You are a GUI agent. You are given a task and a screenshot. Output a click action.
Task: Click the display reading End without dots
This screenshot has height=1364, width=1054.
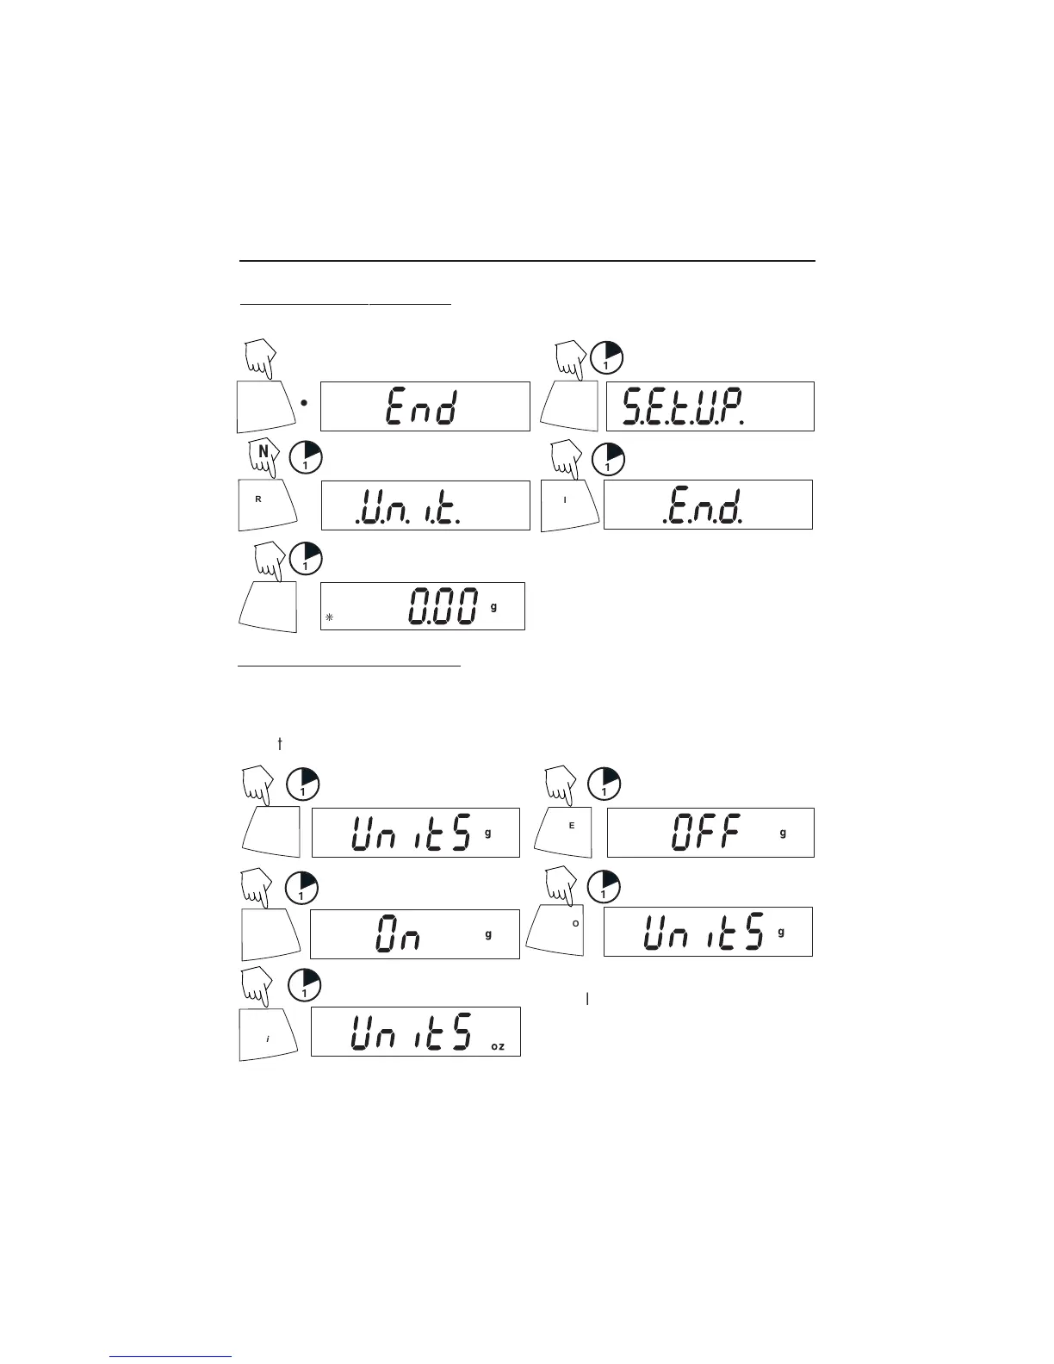pyautogui.click(x=425, y=406)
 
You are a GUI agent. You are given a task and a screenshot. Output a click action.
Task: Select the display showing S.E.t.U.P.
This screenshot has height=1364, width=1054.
pyautogui.click(x=710, y=406)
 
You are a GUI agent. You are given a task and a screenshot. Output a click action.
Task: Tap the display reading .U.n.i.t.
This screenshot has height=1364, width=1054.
pyautogui.click(x=425, y=505)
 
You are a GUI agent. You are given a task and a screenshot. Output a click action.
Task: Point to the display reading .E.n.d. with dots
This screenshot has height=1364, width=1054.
pyautogui.click(x=708, y=505)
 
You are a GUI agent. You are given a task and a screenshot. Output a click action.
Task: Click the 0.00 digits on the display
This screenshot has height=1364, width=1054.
pyautogui.click(x=443, y=606)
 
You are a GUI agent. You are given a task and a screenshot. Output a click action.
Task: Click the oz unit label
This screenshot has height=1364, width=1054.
pyautogui.click(x=498, y=1046)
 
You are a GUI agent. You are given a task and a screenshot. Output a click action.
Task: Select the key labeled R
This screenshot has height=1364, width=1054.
pyautogui.click(x=266, y=503)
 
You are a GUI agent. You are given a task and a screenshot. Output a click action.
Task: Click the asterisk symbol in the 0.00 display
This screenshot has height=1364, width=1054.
pyautogui.click(x=329, y=617)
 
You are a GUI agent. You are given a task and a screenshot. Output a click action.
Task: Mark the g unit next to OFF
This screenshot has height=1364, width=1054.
pyautogui.click(x=783, y=833)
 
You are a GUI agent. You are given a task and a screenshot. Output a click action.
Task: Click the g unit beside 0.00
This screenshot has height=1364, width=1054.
pyautogui.click(x=493, y=606)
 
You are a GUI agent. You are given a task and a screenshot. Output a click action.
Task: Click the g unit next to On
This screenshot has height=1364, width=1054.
pyautogui.click(x=488, y=934)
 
